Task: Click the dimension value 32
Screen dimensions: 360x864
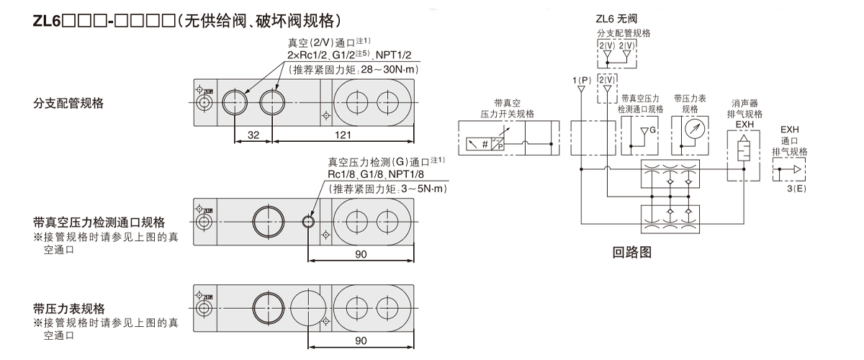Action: pos(253,134)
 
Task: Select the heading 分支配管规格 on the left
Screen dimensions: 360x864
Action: pos(69,103)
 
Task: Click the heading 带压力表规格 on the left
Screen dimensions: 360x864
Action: pos(69,308)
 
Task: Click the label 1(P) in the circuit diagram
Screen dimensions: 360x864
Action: pos(581,77)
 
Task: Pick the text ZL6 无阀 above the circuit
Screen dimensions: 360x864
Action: pos(614,19)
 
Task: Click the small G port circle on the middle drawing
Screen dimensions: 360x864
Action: pos(309,221)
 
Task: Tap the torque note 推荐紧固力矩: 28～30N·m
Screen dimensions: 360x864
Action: pos(353,70)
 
